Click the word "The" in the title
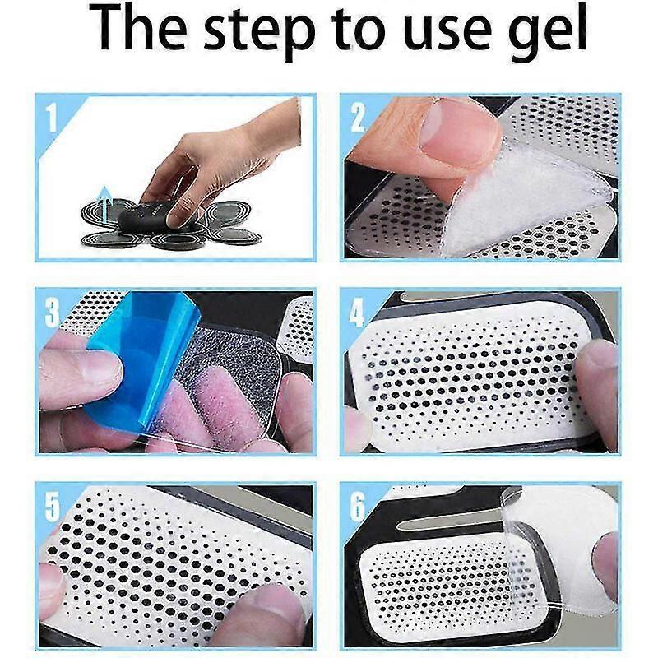(x=138, y=30)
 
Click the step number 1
(x=51, y=118)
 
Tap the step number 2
(x=358, y=118)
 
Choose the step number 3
(x=52, y=313)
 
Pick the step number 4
(x=357, y=313)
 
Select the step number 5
(x=52, y=507)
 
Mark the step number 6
(x=358, y=507)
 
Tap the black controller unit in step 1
(x=147, y=215)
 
